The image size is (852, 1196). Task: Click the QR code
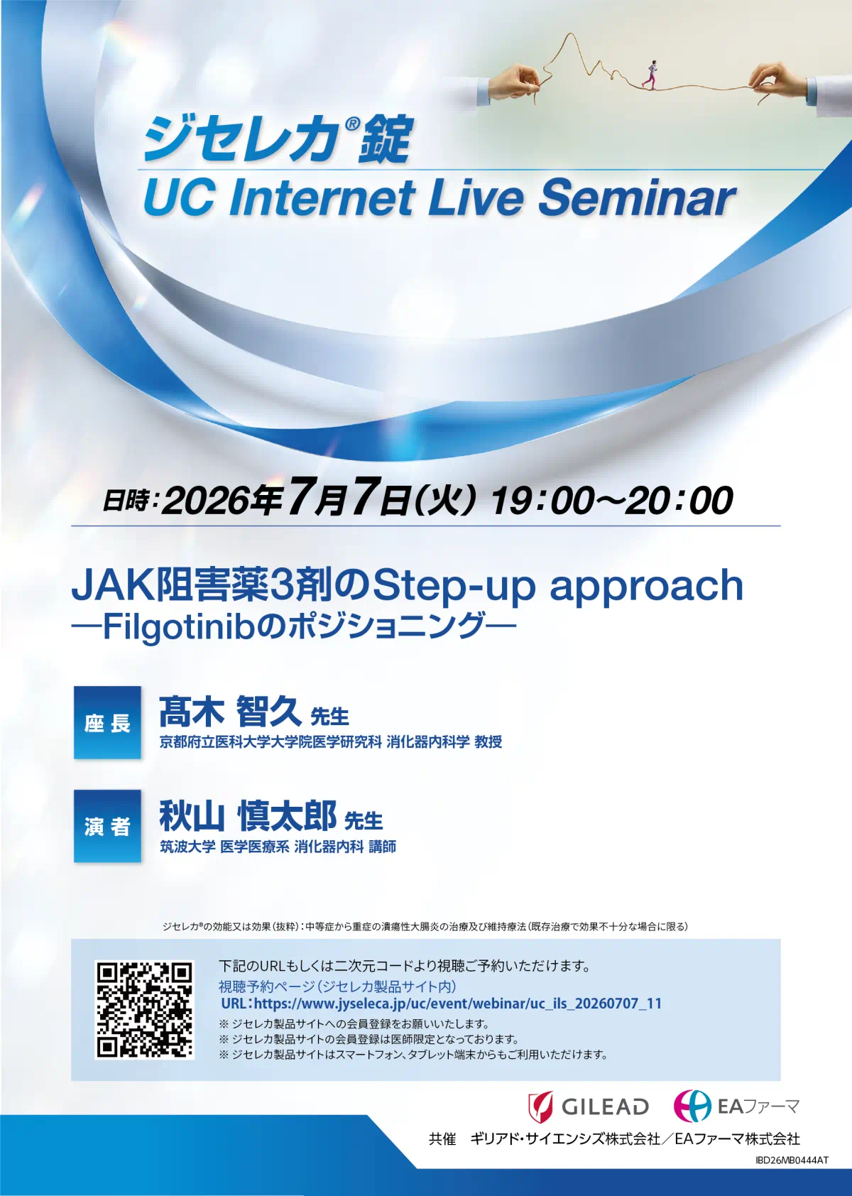click(144, 1010)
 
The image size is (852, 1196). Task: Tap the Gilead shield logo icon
click(540, 1107)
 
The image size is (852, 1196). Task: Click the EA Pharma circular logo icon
click(692, 1105)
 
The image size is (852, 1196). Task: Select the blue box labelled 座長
click(107, 722)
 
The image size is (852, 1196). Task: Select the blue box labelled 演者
click(107, 826)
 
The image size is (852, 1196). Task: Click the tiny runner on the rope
click(652, 74)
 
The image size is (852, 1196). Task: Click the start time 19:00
click(542, 500)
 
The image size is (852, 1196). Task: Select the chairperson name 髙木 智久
click(230, 712)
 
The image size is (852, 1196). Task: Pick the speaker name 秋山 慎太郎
click(248, 815)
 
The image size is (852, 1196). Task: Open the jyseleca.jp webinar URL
click(442, 1004)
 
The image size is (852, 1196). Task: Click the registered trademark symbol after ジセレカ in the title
click(351, 124)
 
